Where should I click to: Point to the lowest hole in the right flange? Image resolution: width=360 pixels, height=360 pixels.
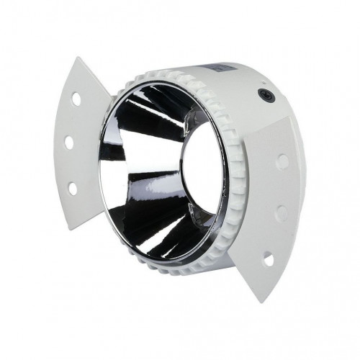point(268,256)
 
